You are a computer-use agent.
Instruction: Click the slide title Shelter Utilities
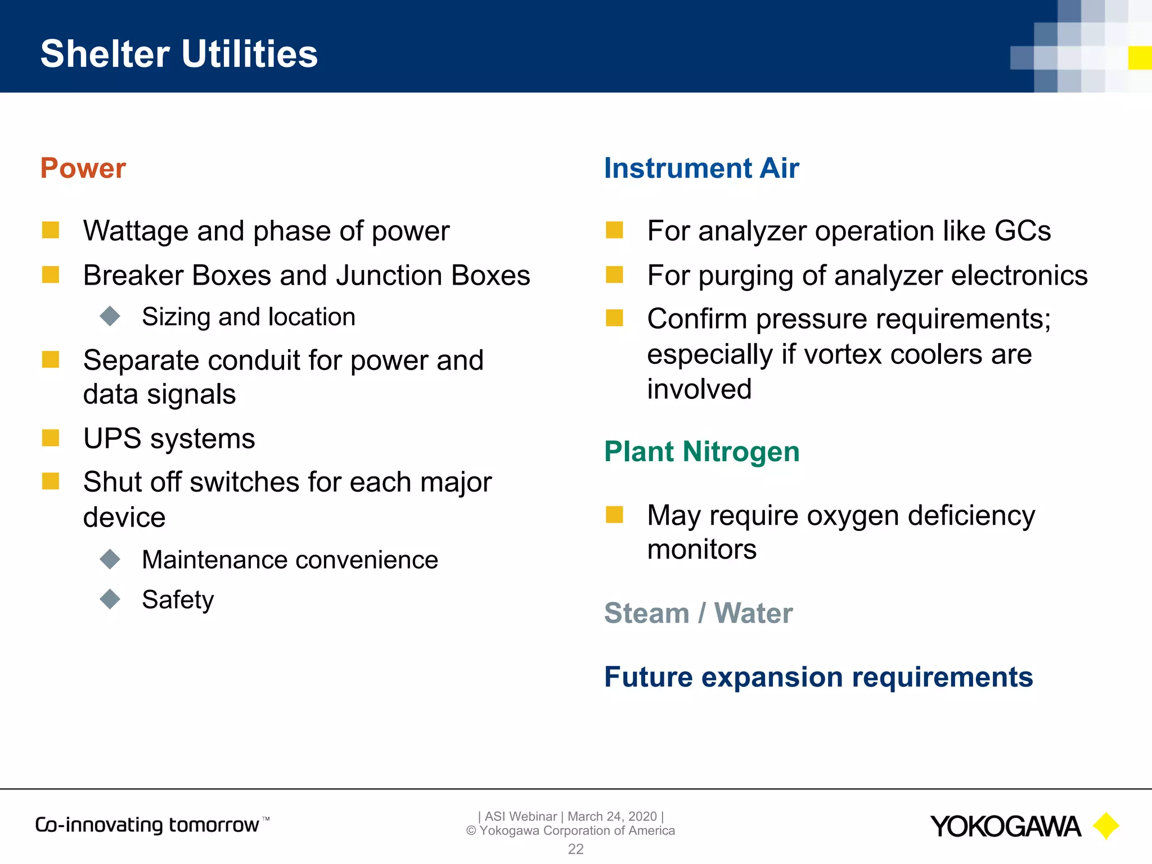coord(179,54)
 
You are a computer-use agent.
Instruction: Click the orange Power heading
coord(83,168)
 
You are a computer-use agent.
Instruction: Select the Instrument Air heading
coord(701,168)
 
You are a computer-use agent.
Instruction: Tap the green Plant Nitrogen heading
coord(701,452)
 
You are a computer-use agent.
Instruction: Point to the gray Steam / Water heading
coord(698,613)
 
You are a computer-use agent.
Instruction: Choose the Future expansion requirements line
coord(818,677)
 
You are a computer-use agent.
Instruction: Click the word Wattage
coord(136,231)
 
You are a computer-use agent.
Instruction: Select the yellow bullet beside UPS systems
coord(51,438)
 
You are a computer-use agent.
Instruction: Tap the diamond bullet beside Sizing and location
coord(110,316)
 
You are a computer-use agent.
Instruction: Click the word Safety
coord(178,600)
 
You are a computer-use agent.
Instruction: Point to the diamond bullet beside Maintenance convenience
coord(110,559)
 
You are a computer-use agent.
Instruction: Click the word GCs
coord(1023,231)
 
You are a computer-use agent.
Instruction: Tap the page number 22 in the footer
coord(575,849)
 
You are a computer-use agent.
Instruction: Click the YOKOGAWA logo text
coord(1005,826)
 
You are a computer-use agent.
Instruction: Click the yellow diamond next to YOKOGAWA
coord(1106,826)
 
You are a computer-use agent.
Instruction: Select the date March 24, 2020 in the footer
coord(612,816)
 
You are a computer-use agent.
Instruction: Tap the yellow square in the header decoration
coord(1140,58)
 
